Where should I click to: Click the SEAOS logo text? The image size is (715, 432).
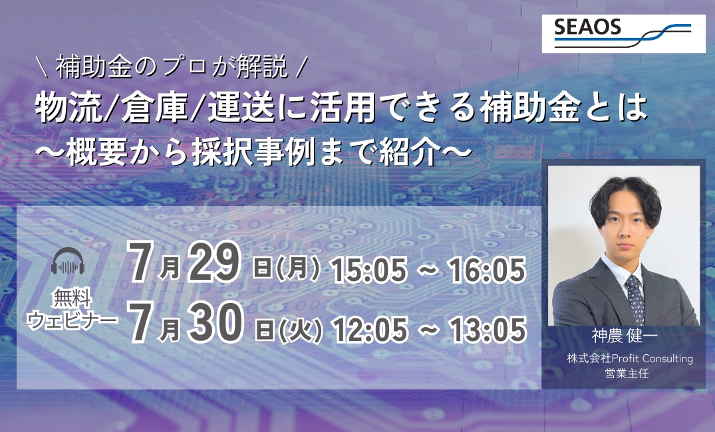click(587, 28)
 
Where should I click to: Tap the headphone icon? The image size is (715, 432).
click(68, 261)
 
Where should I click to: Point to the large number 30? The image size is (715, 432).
click(215, 322)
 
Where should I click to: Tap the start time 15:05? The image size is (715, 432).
click(369, 270)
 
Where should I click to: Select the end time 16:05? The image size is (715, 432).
click(487, 270)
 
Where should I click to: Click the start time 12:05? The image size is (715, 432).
click(370, 330)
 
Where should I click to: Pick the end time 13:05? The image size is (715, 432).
click(488, 330)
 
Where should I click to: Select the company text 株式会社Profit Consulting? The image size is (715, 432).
click(630, 359)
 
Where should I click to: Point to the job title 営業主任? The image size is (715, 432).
click(627, 374)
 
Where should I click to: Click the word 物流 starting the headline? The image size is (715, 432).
click(69, 108)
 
